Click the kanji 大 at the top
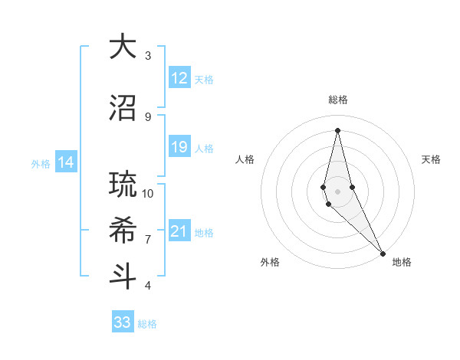(x=123, y=47)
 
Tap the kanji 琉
(x=123, y=185)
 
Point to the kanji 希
(x=123, y=231)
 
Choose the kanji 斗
(x=123, y=277)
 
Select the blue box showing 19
(x=179, y=147)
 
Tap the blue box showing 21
(x=179, y=232)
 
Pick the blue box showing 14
(x=66, y=162)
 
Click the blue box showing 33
(x=123, y=322)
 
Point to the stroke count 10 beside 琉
(x=148, y=193)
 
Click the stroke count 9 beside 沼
(x=148, y=116)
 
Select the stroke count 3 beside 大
(x=148, y=55)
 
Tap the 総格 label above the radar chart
(x=337, y=100)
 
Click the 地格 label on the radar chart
(x=402, y=262)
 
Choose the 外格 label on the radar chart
(x=270, y=262)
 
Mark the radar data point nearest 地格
(x=382, y=252)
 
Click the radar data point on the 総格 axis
(x=337, y=129)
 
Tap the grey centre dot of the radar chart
(x=337, y=191)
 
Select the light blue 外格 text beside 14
(x=41, y=163)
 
